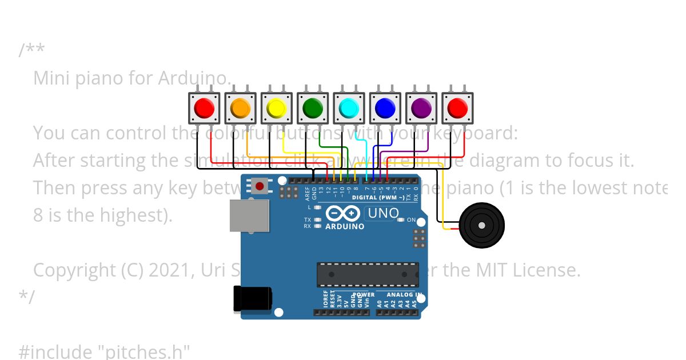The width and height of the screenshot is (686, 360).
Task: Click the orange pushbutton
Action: click(x=241, y=107)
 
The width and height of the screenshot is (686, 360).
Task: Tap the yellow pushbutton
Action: click(x=277, y=107)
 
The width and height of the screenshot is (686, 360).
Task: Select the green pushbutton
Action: click(x=313, y=107)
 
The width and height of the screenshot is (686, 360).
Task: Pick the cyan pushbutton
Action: click(x=349, y=107)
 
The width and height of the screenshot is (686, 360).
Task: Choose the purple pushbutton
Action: click(x=421, y=107)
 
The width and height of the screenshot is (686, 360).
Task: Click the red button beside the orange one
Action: click(x=205, y=107)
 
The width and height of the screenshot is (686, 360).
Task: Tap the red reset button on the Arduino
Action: click(x=260, y=186)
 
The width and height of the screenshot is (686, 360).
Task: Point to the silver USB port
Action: click(x=249, y=215)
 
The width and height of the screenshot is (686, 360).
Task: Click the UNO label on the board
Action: click(x=382, y=214)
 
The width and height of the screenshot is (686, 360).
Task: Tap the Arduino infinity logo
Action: click(x=342, y=214)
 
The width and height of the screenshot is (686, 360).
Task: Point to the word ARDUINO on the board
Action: click(x=345, y=226)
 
